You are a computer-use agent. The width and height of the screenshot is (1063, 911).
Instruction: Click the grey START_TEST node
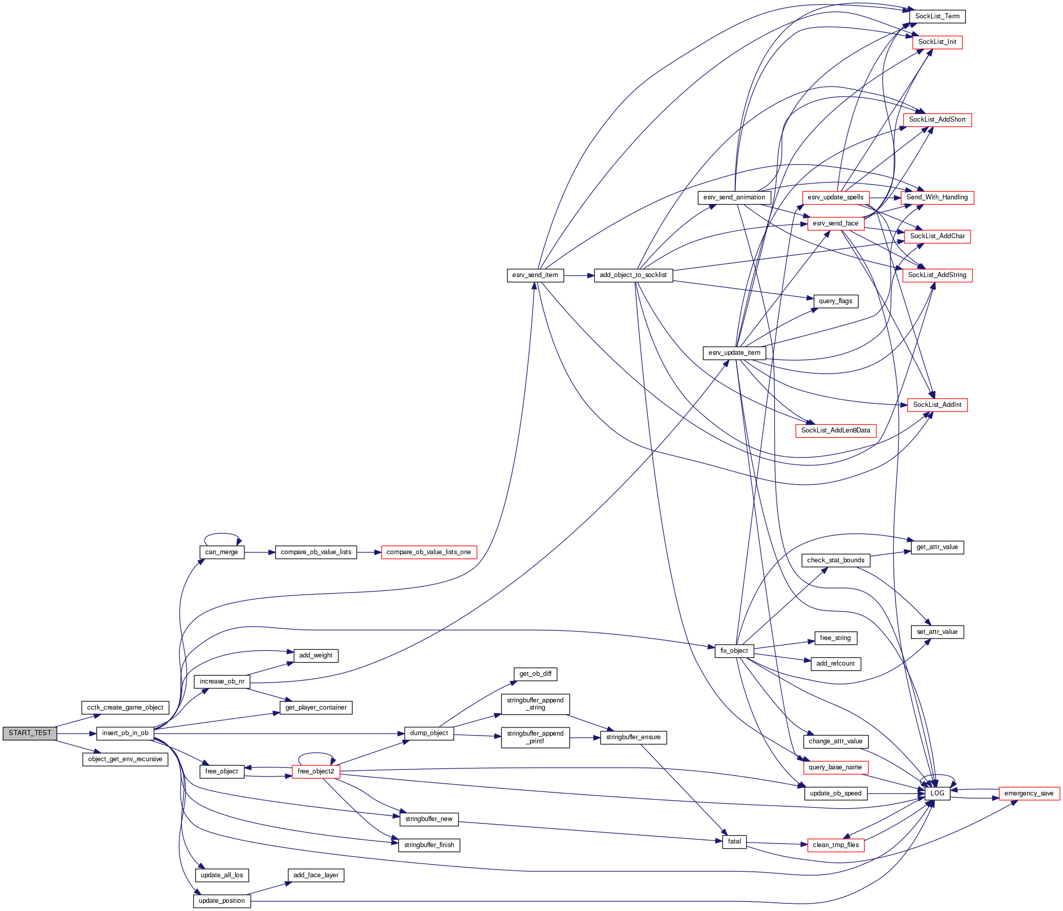pyautogui.click(x=30, y=733)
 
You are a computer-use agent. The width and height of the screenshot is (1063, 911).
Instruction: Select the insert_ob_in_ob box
pyautogui.click(x=125, y=733)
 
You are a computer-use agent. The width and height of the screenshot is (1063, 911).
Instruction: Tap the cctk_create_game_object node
pyautogui.click(x=125, y=707)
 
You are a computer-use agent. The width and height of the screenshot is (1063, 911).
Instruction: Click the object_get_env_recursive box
pyautogui.click(x=125, y=759)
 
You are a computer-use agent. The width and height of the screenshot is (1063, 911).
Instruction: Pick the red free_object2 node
pyautogui.click(x=315, y=771)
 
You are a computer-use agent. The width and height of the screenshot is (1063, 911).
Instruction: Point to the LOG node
pyautogui.click(x=937, y=793)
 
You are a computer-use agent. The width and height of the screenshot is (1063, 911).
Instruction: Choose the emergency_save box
pyautogui.click(x=1029, y=793)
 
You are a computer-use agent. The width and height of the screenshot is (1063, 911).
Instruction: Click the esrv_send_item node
pyautogui.click(x=535, y=275)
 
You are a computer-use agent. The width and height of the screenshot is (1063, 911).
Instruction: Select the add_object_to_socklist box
pyautogui.click(x=633, y=275)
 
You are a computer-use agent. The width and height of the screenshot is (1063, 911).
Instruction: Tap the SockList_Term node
pyautogui.click(x=937, y=16)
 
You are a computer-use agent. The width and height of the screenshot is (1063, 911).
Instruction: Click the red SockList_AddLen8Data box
pyautogui.click(x=836, y=430)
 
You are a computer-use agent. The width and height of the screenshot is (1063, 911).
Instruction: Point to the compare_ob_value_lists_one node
pyautogui.click(x=428, y=552)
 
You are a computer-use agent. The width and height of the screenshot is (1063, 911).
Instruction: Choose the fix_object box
pyautogui.click(x=734, y=650)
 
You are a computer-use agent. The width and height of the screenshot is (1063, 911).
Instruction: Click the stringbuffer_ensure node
pyautogui.click(x=633, y=737)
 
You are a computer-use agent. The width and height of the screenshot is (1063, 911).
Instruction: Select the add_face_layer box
pyautogui.click(x=315, y=875)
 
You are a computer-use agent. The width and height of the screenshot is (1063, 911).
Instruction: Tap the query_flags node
pyautogui.click(x=835, y=301)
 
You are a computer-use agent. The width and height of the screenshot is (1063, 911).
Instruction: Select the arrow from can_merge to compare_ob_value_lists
pyautogui.click(x=260, y=552)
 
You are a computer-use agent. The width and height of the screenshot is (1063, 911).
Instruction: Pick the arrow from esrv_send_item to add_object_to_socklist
pyautogui.click(x=579, y=276)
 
